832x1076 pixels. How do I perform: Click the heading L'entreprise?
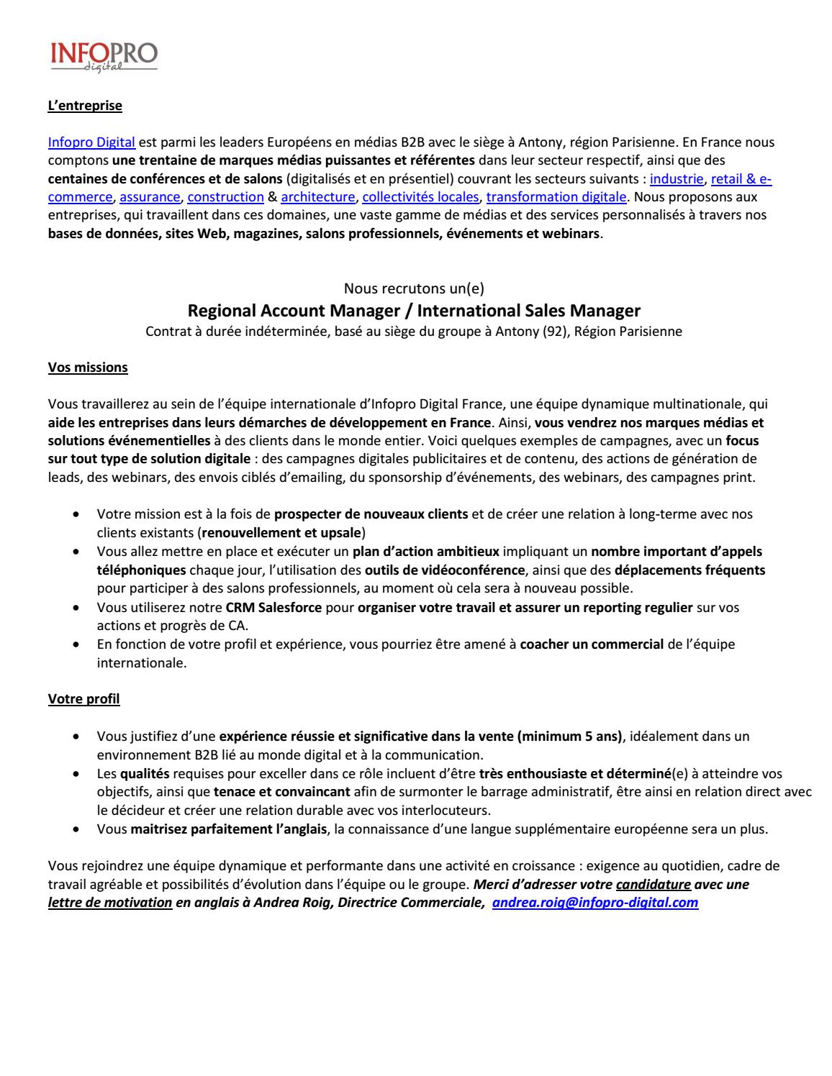coord(85,106)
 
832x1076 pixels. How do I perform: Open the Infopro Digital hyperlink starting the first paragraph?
coord(91,142)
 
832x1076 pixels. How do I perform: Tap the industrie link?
coord(676,179)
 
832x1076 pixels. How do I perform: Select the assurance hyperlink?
coord(150,197)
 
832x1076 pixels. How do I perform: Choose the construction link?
coord(225,197)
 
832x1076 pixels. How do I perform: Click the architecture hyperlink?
coord(317,197)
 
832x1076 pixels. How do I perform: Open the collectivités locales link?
coord(420,197)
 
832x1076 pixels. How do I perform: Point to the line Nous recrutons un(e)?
coord(414,289)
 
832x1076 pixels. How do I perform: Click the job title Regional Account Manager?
coord(298,311)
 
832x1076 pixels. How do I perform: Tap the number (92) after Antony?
coord(555,332)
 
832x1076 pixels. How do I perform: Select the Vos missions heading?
coord(88,368)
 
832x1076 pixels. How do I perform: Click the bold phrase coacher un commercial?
coord(592,644)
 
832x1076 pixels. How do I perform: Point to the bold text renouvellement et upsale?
coord(281,533)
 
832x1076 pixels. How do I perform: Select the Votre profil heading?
coord(83,699)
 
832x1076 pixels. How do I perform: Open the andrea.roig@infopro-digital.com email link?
coord(594,903)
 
